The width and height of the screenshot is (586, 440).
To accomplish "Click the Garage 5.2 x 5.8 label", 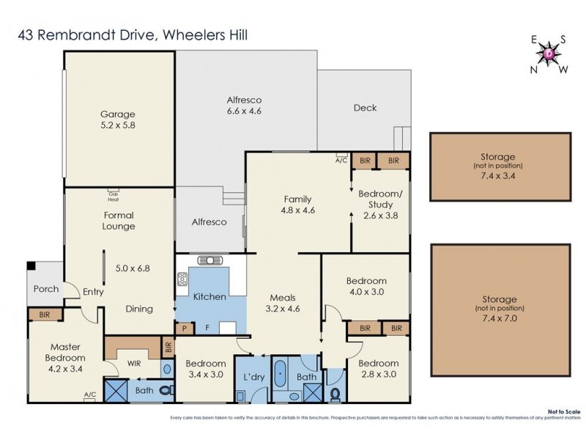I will (117, 120).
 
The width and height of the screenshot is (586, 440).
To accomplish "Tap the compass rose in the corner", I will (548, 53).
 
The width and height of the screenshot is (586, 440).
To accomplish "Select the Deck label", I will (365, 108).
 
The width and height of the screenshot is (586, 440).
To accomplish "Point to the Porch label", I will (46, 289).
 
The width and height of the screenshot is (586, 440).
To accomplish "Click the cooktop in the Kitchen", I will (182, 279).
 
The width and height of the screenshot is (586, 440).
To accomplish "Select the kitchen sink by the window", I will (210, 260).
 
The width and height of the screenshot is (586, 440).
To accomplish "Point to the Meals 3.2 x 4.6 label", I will (283, 303).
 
